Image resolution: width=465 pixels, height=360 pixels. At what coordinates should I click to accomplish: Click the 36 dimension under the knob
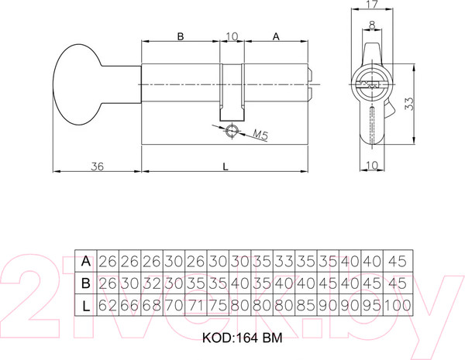coord(97,166)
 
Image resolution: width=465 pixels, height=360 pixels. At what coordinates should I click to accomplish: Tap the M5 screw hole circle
coord(230,131)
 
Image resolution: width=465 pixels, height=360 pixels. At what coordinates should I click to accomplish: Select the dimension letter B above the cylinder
coord(180,36)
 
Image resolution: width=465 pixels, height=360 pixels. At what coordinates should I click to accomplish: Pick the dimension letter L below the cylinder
coord(225,166)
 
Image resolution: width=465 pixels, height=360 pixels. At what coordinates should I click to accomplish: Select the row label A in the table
coord(86,261)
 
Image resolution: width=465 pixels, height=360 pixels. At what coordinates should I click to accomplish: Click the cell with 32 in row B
coord(151,283)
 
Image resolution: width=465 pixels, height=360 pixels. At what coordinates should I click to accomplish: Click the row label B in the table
coord(86,283)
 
